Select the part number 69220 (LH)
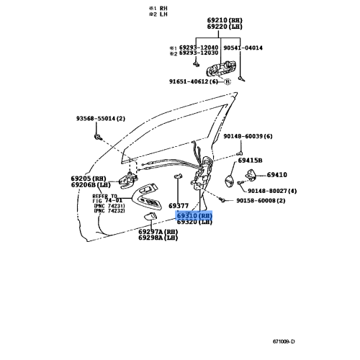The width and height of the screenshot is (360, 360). click(x=223, y=27)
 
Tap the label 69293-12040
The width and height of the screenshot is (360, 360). click(x=197, y=48)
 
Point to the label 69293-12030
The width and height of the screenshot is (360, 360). click(x=197, y=54)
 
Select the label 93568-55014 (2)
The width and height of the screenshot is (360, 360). click(x=101, y=118)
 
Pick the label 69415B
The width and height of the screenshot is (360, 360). click(x=250, y=161)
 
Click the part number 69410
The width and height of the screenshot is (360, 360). click(x=277, y=174)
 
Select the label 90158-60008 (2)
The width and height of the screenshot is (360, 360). click(x=261, y=201)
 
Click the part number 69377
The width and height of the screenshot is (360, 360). click(x=179, y=205)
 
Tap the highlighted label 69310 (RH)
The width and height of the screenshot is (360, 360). click(x=195, y=215)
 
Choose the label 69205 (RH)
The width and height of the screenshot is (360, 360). click(x=89, y=178)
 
